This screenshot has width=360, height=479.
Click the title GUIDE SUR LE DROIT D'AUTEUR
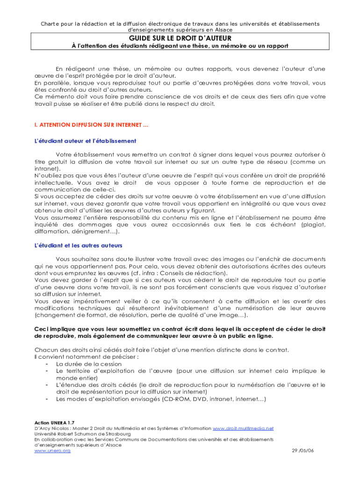coord(180,37)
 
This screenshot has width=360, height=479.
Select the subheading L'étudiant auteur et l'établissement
coord(85,141)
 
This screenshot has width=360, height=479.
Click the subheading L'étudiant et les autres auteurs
coord(78,245)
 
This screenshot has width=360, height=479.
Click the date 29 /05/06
coord(302,450)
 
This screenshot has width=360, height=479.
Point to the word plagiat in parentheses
coord(314,225)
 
